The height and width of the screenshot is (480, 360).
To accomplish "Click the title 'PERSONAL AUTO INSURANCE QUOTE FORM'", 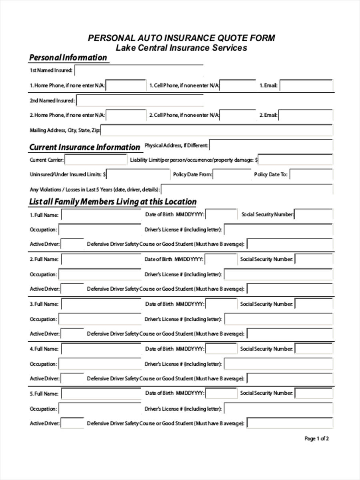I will (181, 38).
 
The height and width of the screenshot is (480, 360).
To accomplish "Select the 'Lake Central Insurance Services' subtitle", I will (181, 48).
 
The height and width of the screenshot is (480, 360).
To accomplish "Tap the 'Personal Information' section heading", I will (68, 58).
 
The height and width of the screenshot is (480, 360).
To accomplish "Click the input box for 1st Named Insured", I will (139, 71).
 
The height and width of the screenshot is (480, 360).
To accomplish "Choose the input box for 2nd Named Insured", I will (140, 100).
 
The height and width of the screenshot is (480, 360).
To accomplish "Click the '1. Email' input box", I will (306, 86).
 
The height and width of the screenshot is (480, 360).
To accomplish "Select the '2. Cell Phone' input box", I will (238, 115).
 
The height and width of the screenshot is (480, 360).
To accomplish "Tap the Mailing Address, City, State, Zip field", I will (216, 130).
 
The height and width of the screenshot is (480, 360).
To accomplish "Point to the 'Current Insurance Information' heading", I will (84, 147).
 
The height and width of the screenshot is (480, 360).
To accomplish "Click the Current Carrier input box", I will (96, 160).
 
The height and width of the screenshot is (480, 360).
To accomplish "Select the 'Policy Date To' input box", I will (311, 175).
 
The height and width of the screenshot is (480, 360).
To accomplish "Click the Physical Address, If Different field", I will (271, 145).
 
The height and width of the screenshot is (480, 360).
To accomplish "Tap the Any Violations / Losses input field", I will (246, 190).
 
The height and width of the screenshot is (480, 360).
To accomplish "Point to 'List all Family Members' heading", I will (113, 202).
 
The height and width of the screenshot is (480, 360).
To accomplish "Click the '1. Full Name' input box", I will (101, 215).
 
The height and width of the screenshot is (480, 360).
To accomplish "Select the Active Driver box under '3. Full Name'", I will (72, 334).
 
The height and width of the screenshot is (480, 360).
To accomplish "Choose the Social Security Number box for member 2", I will (314, 259).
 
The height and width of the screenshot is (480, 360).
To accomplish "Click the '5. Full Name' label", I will (44, 394).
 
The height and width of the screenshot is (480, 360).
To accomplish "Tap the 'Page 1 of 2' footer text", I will (316, 438).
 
